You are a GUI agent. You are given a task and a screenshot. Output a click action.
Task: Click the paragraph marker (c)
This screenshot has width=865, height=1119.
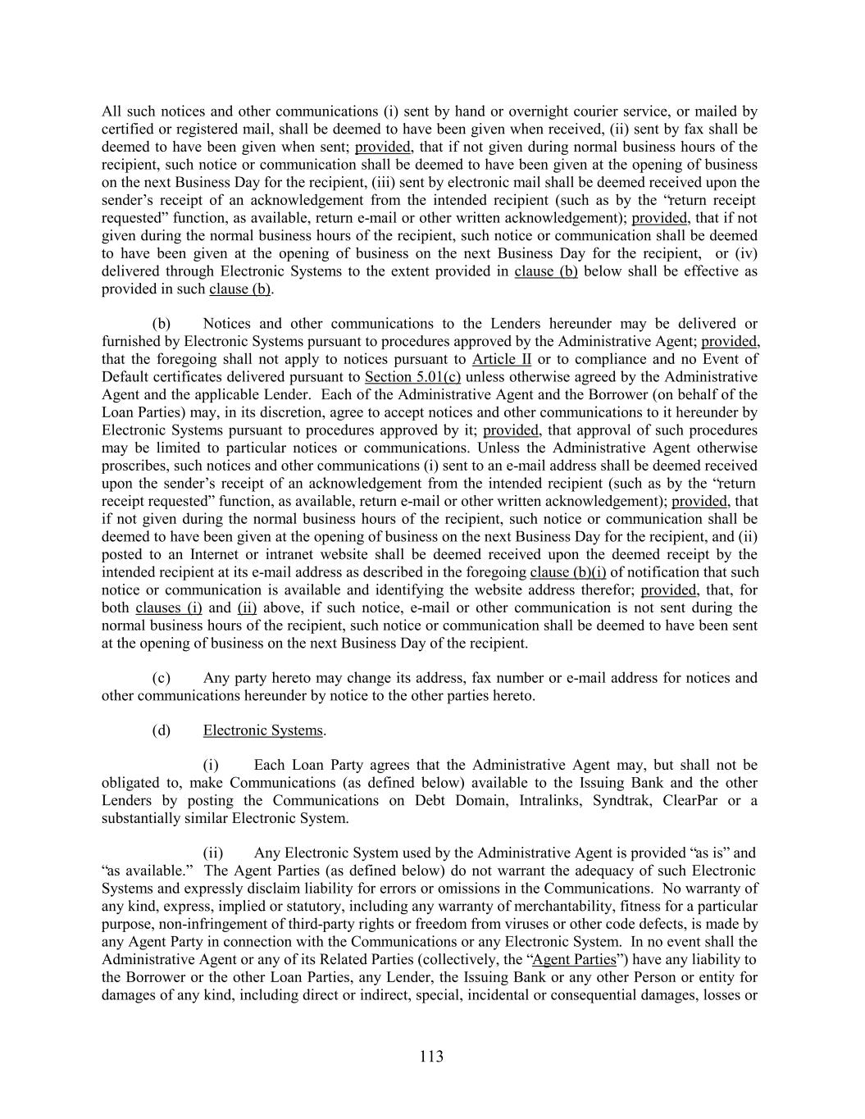coord(162,678)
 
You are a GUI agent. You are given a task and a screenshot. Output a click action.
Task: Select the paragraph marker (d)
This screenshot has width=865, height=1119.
coord(162,730)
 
